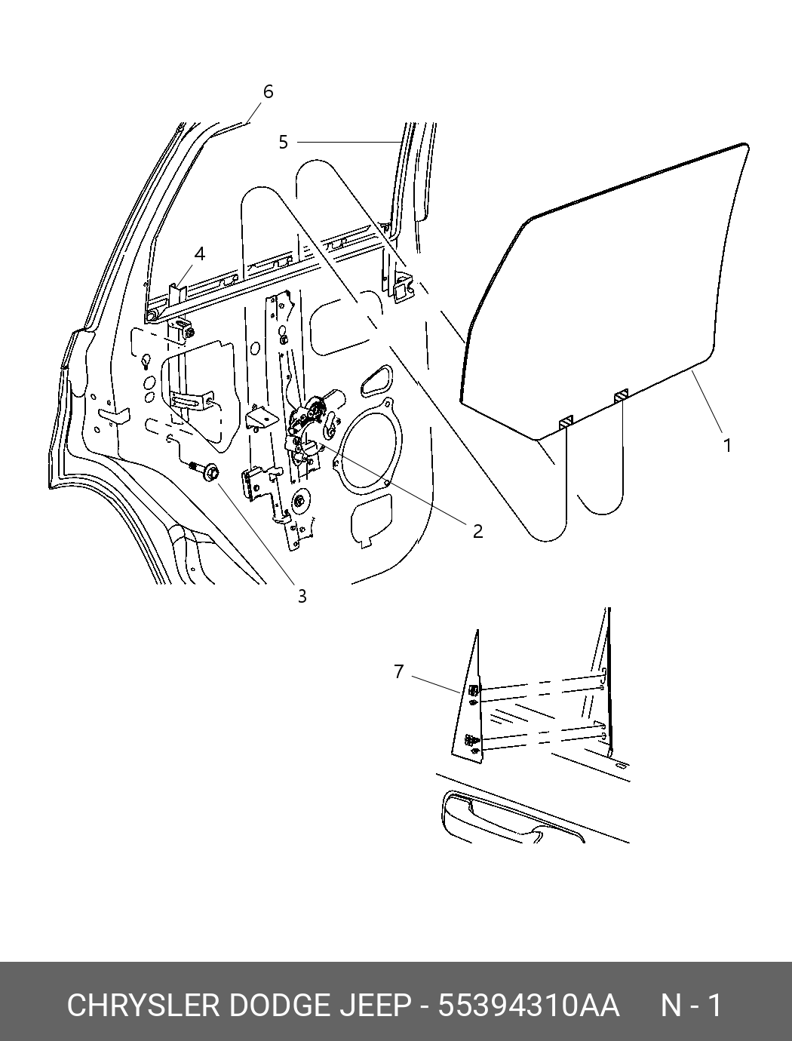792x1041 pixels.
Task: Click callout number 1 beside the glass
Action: tap(727, 446)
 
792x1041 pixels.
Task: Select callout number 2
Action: tap(477, 531)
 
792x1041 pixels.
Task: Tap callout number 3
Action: tap(302, 596)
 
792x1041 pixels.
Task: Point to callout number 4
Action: tap(200, 254)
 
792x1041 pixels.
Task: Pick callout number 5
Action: tap(283, 143)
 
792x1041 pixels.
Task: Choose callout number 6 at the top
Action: tap(268, 91)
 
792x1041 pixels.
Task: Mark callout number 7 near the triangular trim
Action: tap(399, 671)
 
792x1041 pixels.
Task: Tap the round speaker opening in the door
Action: tap(369, 447)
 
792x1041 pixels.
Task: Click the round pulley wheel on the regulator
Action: tap(299, 502)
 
